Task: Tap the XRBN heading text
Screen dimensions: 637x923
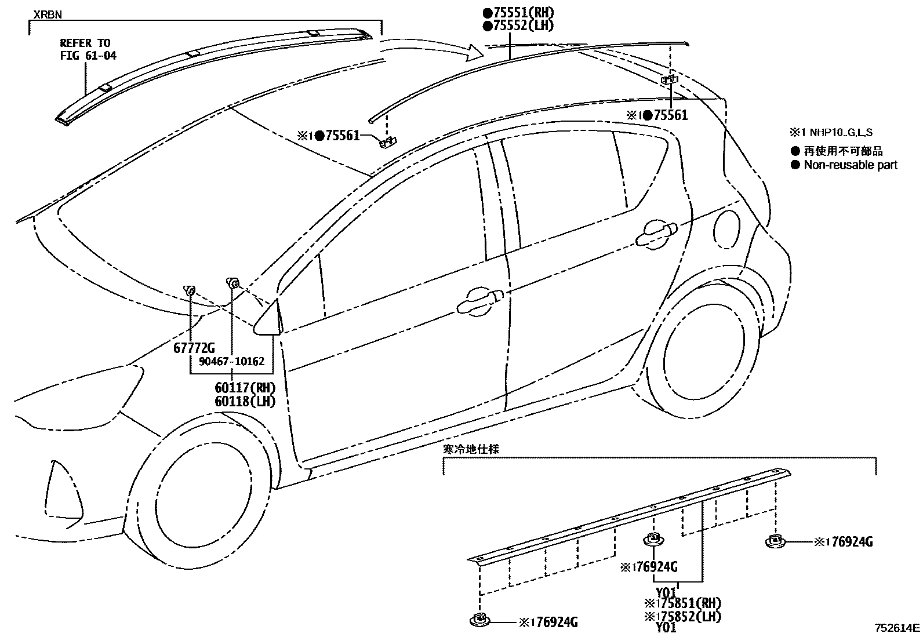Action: click(47, 14)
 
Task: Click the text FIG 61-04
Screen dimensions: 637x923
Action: click(88, 56)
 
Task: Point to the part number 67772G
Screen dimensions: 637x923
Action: click(194, 348)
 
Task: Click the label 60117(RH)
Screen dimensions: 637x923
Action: click(245, 388)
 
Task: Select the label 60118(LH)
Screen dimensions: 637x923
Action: click(245, 401)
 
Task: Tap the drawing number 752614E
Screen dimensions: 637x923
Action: click(897, 627)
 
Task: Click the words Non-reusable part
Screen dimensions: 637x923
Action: click(850, 165)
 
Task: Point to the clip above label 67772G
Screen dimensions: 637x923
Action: click(190, 289)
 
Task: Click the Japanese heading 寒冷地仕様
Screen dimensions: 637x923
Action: click(471, 449)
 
